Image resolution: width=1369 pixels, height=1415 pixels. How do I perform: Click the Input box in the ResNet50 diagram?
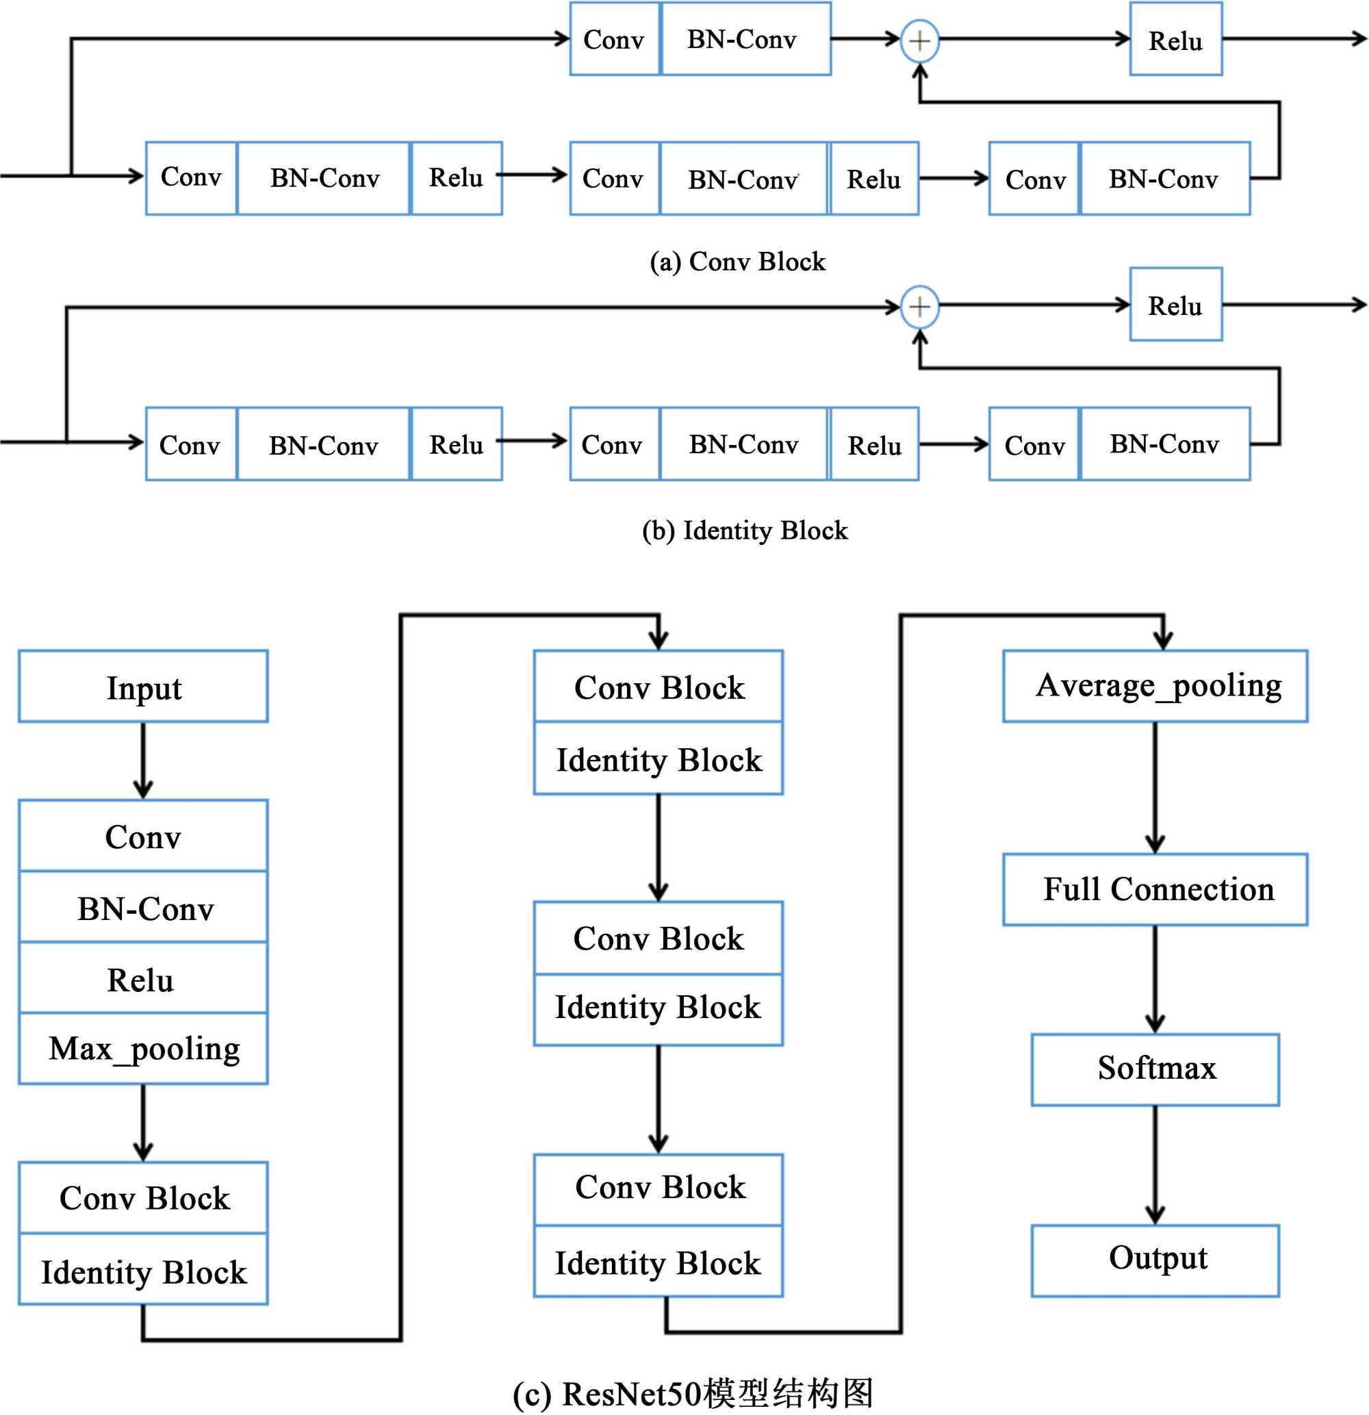point(143,687)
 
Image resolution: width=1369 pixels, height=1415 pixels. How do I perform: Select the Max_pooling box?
point(143,1048)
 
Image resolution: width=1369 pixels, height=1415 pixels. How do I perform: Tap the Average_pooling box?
point(1155,686)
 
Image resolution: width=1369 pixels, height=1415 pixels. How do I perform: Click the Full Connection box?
point(1155,889)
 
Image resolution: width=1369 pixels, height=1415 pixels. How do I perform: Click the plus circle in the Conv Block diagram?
point(919,40)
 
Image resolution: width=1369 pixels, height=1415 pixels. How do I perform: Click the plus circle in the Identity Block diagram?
point(919,307)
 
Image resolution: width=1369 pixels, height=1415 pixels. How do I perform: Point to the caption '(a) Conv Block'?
point(737,262)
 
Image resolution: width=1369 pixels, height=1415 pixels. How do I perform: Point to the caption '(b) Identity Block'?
point(745,531)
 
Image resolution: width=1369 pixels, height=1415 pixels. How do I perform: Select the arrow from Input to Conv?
point(143,760)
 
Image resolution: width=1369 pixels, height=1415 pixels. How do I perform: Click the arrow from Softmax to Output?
point(1155,1164)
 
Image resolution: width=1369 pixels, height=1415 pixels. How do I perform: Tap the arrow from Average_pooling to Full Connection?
point(1155,787)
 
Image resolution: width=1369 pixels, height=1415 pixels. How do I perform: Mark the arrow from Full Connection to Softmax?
point(1155,979)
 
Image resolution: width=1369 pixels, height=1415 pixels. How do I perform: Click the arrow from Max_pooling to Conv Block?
point(143,1123)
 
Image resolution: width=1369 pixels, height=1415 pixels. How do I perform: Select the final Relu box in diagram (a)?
point(1175,40)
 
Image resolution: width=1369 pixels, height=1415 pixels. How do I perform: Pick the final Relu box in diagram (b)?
point(1175,305)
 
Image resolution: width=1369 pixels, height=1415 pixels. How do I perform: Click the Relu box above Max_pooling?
point(143,979)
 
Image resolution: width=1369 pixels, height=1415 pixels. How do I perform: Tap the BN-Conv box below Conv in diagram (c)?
point(143,908)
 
